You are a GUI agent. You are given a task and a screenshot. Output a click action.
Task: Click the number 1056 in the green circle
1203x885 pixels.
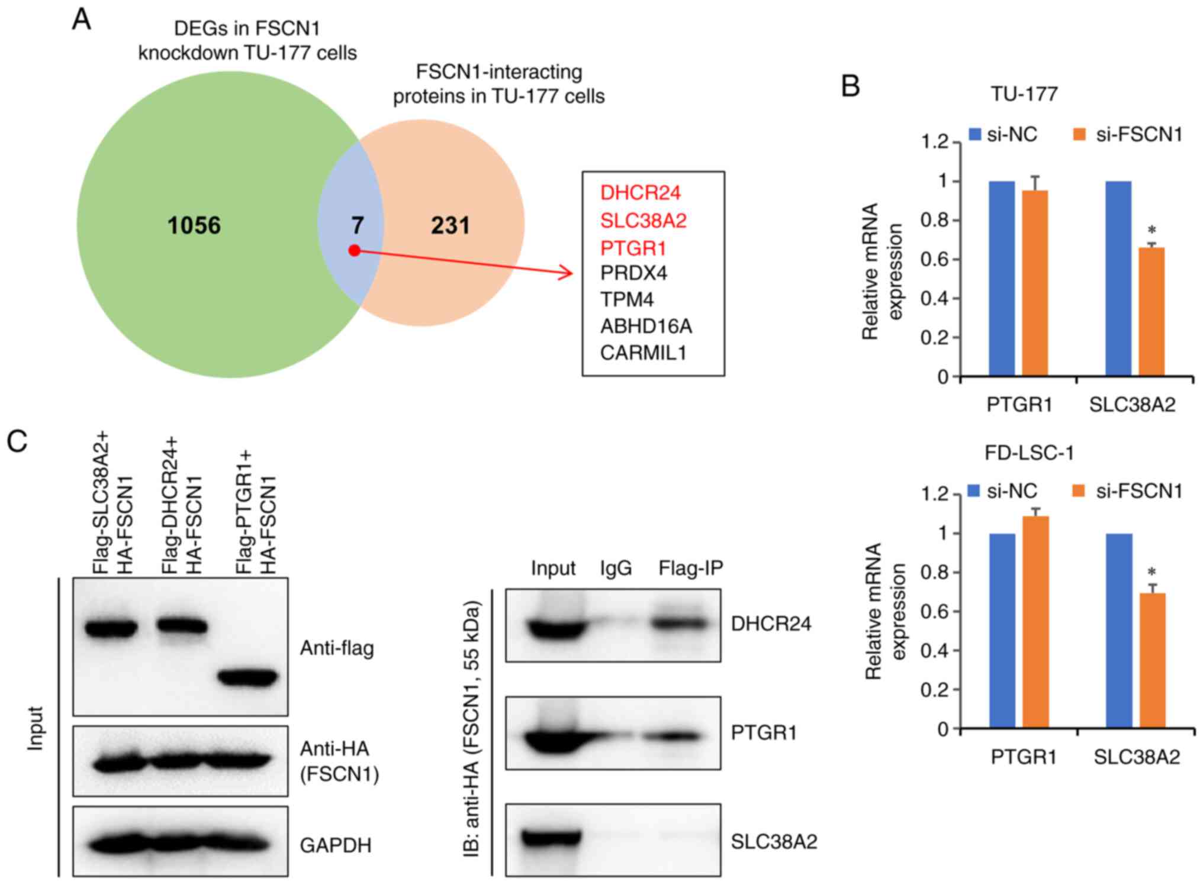pos(194,225)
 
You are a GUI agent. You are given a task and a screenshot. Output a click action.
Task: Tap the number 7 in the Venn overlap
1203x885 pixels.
pos(358,225)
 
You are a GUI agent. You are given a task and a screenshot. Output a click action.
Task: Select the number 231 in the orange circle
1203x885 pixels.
pos(450,225)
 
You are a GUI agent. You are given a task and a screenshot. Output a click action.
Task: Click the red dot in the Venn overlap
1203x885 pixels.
pos(355,250)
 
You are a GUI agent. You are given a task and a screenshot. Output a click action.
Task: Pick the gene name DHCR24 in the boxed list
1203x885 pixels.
pos(640,193)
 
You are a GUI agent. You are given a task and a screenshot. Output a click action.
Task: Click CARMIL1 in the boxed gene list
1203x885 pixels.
pos(643,353)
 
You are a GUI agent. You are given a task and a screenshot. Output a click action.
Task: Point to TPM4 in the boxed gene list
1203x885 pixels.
pos(627,299)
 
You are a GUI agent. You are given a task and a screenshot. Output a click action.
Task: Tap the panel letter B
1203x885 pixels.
pos(850,86)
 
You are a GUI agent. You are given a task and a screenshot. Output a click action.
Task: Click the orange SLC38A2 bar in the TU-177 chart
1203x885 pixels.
pos(1151,312)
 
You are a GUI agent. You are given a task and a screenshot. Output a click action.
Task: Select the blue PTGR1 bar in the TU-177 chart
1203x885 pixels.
pos(1001,278)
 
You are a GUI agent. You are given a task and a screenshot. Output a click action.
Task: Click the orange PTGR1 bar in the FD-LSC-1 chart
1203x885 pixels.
pos(1035,621)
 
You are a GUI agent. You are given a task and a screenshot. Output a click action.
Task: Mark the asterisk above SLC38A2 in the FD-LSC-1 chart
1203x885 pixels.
pos(1151,572)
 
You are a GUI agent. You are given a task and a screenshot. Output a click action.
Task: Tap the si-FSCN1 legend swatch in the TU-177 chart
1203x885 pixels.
pos(1079,135)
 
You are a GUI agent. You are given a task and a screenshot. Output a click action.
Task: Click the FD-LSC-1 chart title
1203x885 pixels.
pos(1029,453)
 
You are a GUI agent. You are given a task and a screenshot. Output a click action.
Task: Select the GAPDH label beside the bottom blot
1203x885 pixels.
pos(336,845)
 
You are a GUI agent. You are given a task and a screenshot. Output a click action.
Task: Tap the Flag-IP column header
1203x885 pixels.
pos(690,568)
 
